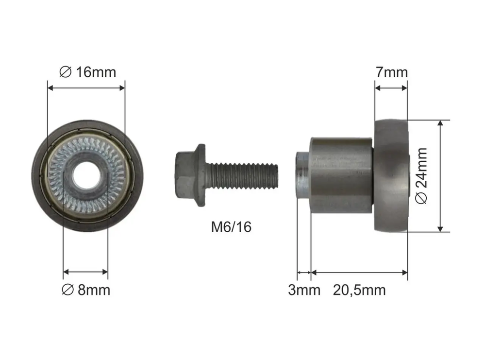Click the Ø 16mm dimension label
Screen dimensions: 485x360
[x=87, y=72]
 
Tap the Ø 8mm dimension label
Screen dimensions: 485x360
[x=85, y=290]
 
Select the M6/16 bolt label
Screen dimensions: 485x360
[x=231, y=227]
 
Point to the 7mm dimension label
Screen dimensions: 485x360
[x=392, y=72]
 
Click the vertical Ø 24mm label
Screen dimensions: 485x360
[x=421, y=176]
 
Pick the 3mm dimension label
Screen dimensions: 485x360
[x=304, y=290]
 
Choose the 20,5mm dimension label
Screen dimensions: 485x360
[x=359, y=291]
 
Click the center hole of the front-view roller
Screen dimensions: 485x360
[x=86, y=175]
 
